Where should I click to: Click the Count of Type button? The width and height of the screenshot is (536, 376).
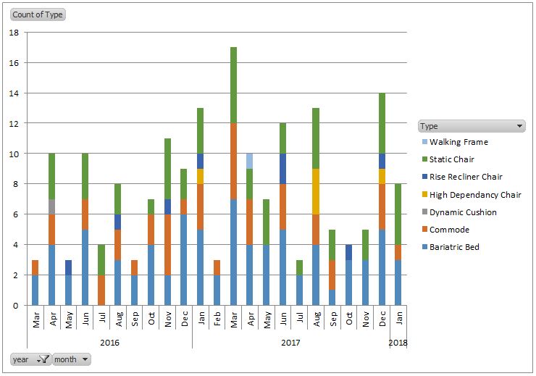pos(37,14)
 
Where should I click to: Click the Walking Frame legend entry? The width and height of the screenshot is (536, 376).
pos(458,142)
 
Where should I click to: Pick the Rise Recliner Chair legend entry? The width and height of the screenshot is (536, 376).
pos(466,177)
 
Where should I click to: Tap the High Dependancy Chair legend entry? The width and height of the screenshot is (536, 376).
pos(475,195)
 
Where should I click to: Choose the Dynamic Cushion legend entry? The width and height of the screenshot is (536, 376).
pos(463,212)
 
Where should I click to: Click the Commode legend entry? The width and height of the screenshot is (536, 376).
pos(449,230)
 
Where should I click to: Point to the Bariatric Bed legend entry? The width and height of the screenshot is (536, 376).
pos(454,247)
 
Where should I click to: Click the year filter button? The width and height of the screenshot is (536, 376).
pos(30,359)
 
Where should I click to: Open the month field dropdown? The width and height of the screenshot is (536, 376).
pos(71,359)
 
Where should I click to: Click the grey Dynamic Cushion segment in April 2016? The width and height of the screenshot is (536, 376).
pos(52,206)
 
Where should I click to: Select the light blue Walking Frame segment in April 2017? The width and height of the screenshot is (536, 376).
pos(250,161)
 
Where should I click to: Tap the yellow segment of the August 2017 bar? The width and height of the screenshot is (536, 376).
pos(316,191)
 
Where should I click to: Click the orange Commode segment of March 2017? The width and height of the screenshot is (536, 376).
pos(233,161)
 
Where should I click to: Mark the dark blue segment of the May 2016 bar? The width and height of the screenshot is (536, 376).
pos(69,267)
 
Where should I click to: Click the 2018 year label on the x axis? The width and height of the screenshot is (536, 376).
pos(398,342)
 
